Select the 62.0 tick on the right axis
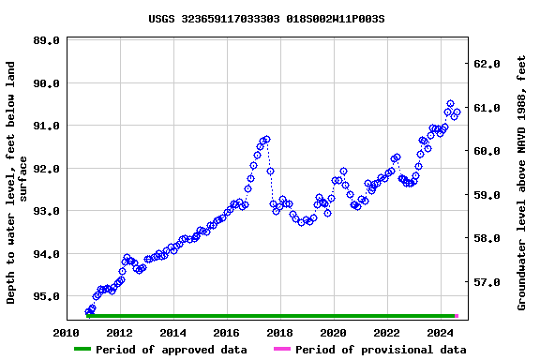tap(490, 64)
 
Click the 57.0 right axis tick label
tap(490, 282)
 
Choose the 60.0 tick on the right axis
tap(490, 151)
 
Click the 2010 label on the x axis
tap(66, 333)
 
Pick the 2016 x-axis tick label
tap(226, 333)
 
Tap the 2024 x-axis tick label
tap(440, 333)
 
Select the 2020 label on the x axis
tap(333, 333)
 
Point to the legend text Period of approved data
tap(172, 350)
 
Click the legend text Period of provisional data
tap(380, 350)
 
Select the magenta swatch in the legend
tap(281, 350)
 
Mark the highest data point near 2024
tap(450, 104)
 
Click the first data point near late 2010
tap(87, 312)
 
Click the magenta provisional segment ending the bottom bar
tap(457, 316)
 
